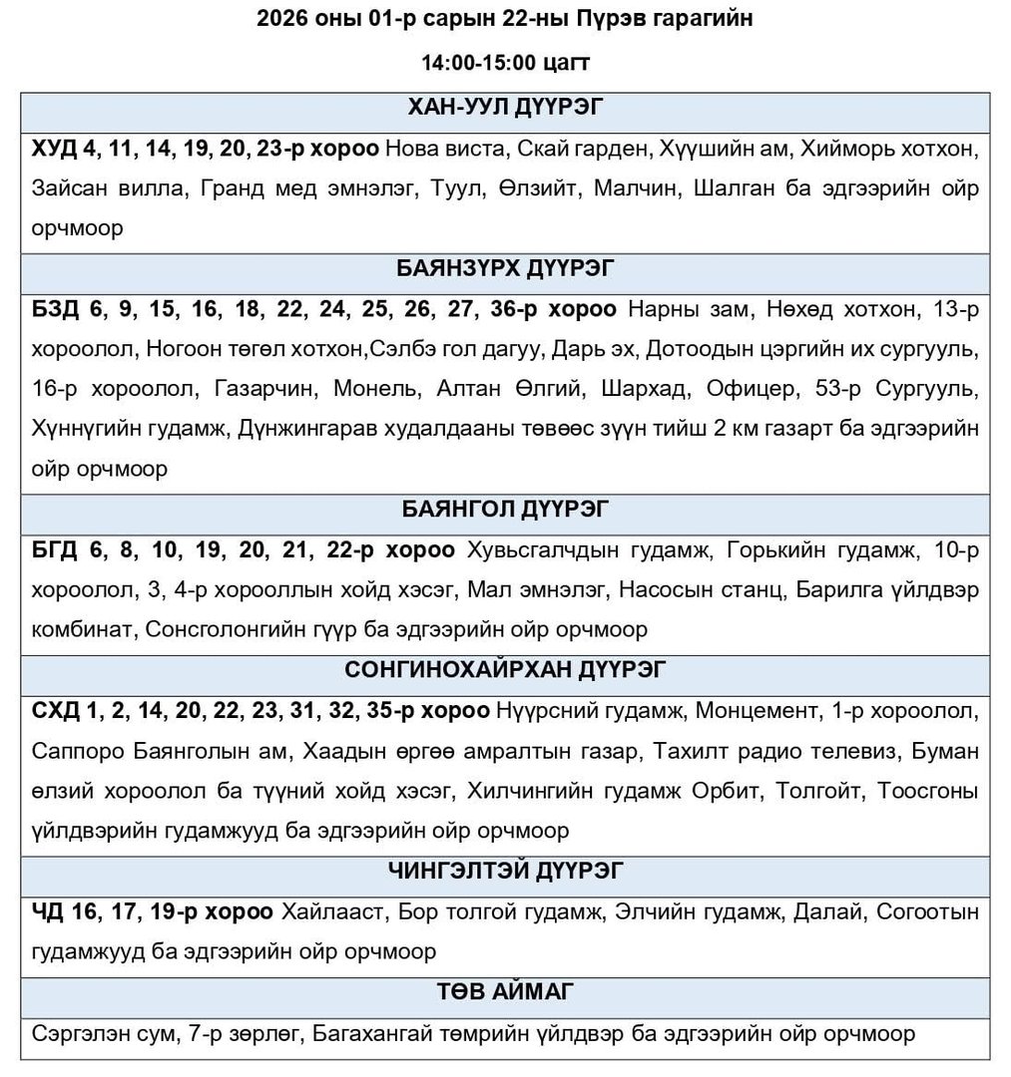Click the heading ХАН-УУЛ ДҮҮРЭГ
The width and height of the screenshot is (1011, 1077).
[x=504, y=108]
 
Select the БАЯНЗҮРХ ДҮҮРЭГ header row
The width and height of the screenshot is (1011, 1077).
[x=504, y=269]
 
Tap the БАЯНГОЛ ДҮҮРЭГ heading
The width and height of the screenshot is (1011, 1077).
[x=504, y=510]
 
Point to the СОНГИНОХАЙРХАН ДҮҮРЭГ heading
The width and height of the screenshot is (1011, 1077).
[x=504, y=670]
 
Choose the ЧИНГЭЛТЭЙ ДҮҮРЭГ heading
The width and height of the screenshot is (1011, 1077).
[x=504, y=871]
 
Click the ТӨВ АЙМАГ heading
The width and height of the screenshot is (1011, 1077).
[x=504, y=991]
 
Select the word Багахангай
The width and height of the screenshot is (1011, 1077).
[x=371, y=1033]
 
